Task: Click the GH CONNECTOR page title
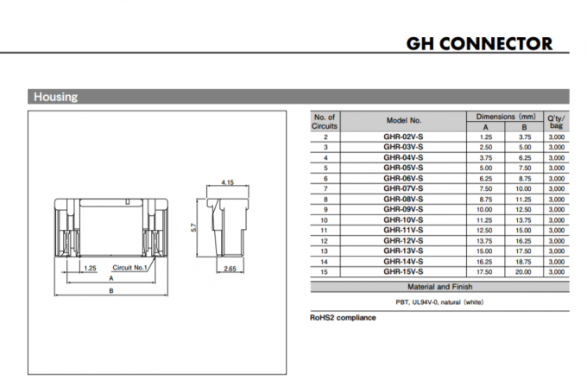coord(479,43)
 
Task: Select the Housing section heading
coord(55,97)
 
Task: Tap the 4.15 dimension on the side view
coord(228,182)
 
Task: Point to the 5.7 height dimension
coord(195,226)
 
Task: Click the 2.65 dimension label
coord(230,270)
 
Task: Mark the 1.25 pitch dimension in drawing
coord(90,268)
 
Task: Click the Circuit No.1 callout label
coord(131,268)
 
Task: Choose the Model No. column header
coord(403,121)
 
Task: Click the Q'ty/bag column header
coord(556,121)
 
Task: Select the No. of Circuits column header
coord(325,121)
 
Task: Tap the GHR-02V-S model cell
coord(403,137)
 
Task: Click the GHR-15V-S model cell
coord(403,271)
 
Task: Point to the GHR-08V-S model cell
coord(403,199)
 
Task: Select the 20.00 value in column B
coord(524,271)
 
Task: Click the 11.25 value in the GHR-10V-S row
coord(485,219)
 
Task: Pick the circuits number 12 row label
coord(325,240)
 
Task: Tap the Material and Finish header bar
coord(439,286)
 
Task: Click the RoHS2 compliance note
coord(343,318)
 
